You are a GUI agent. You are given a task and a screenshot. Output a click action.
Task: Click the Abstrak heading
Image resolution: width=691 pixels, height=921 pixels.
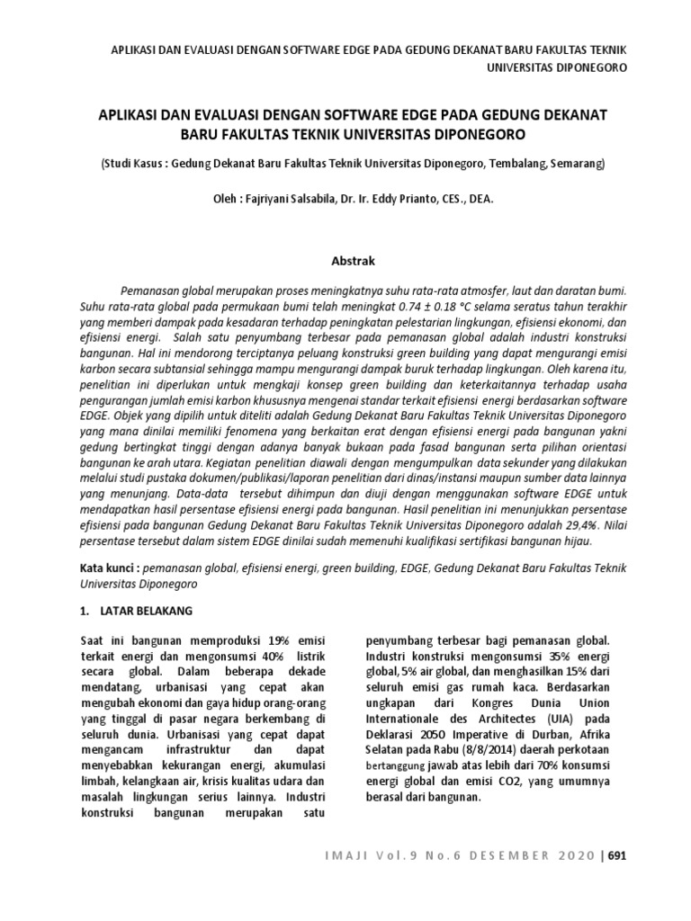(345, 261)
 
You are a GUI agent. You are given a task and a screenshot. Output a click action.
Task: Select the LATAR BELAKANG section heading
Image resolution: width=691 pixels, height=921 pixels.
(150, 611)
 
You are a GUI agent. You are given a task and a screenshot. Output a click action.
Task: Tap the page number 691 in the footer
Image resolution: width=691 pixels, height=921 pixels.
(616, 855)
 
